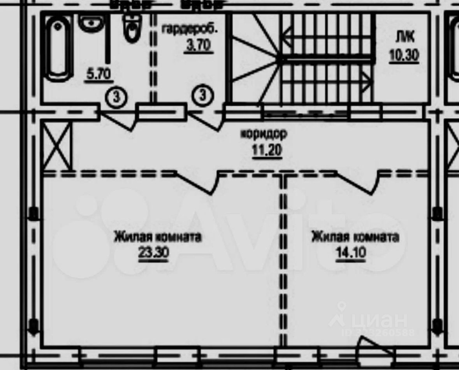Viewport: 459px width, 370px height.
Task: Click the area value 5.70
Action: tap(99, 74)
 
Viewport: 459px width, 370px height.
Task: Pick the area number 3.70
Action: tap(198, 46)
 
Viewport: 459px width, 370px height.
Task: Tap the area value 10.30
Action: tap(404, 56)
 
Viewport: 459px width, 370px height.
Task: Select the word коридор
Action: tap(264, 134)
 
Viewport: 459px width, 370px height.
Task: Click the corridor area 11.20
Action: tap(267, 150)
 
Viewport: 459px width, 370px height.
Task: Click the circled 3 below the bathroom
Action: tap(116, 97)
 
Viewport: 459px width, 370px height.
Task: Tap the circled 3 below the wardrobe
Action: tap(202, 95)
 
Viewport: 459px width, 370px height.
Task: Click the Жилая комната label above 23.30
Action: tap(157, 237)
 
